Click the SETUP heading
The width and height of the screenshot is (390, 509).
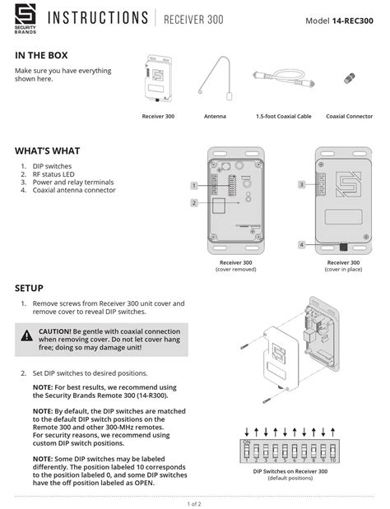[29, 289]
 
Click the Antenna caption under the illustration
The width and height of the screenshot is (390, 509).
[215, 117]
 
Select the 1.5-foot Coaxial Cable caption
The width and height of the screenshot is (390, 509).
[284, 117]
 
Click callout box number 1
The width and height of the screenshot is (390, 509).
[193, 185]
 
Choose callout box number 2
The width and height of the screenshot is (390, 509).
[193, 202]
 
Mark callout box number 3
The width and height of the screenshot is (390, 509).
[301, 185]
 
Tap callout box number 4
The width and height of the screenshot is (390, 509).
[301, 245]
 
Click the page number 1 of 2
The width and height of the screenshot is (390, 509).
[194, 502]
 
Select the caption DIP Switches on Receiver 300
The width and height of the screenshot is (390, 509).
[290, 471]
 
